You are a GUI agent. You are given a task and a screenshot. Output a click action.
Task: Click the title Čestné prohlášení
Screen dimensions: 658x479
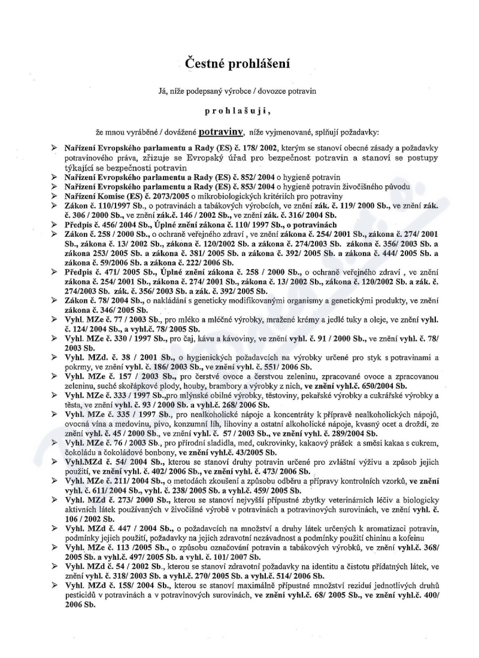tap(239, 62)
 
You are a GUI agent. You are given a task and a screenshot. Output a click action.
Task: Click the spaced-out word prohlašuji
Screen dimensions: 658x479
tap(239, 110)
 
